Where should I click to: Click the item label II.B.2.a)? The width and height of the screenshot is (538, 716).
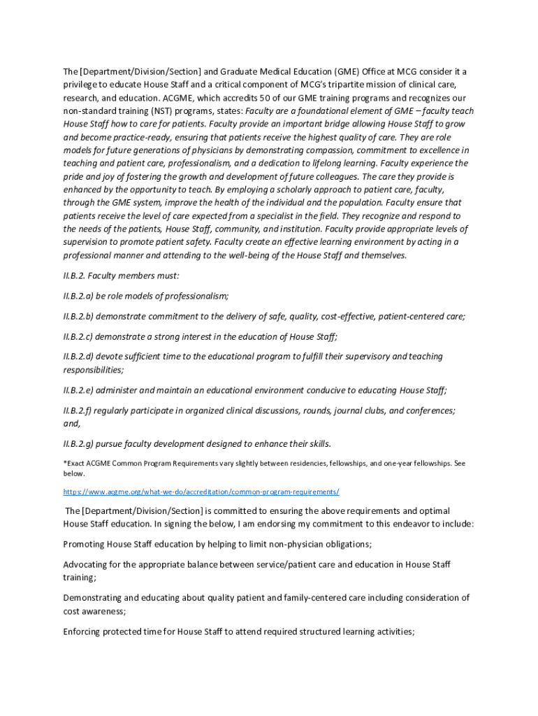point(83,296)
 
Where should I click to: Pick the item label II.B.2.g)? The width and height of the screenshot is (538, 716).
point(83,444)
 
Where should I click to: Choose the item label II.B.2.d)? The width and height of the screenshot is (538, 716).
point(83,357)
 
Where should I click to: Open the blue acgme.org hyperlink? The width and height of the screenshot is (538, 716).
point(201,492)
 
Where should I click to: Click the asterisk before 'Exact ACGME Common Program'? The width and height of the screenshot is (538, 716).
point(65,463)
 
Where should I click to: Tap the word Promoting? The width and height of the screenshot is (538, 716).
point(86,544)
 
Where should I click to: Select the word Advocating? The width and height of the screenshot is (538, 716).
point(89,564)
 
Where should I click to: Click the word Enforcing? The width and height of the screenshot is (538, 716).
point(85,632)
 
